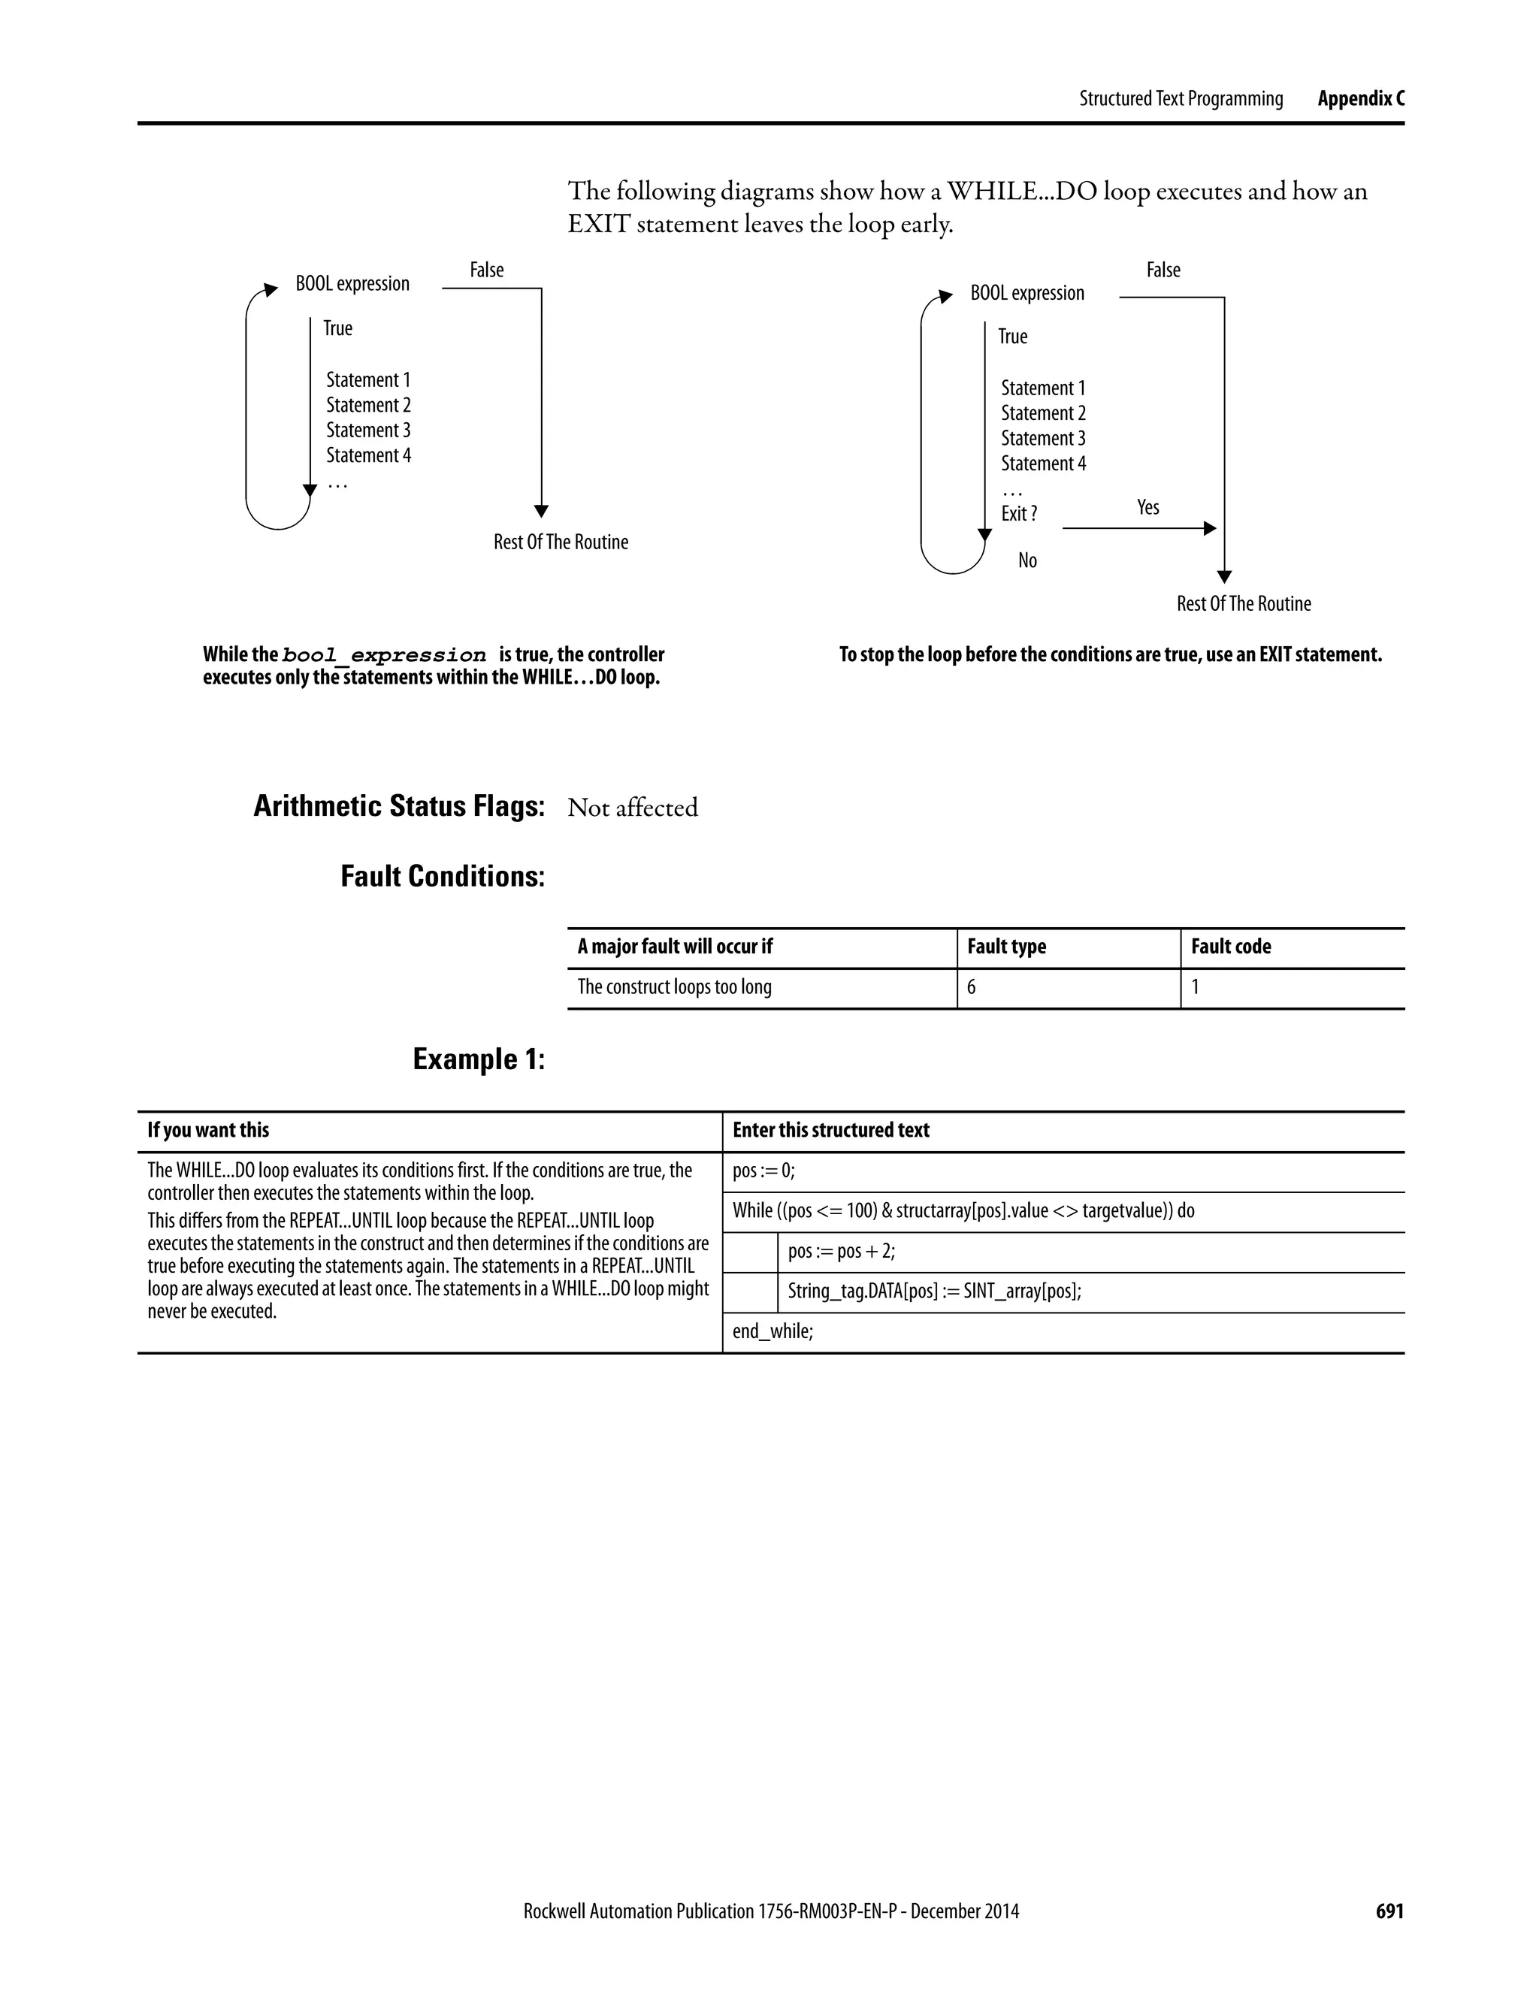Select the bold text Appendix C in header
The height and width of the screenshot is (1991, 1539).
pos(1360,98)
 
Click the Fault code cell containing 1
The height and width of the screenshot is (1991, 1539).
pos(1196,986)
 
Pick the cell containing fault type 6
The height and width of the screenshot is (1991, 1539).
pos(971,986)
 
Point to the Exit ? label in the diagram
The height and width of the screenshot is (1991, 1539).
pos(1018,513)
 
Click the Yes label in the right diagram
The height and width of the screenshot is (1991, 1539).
pos(1148,507)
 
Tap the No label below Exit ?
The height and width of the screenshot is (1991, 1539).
pos(1027,560)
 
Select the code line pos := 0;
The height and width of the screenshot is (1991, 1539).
pos(763,1171)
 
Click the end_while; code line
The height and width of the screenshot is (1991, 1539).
pos(773,1331)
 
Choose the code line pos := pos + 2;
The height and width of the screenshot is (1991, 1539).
pos(841,1251)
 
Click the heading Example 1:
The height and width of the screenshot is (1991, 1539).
pos(479,1059)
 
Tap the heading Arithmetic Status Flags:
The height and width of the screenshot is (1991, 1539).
pos(398,806)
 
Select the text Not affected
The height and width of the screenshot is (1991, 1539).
pos(632,808)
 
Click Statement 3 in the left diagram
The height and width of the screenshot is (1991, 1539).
pos(368,431)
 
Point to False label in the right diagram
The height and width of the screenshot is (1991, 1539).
pos(1163,270)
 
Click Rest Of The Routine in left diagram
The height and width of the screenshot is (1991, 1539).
pos(561,542)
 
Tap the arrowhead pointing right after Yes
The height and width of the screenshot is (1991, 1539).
pos(1210,528)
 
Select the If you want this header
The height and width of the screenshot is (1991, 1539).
pos(208,1131)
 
